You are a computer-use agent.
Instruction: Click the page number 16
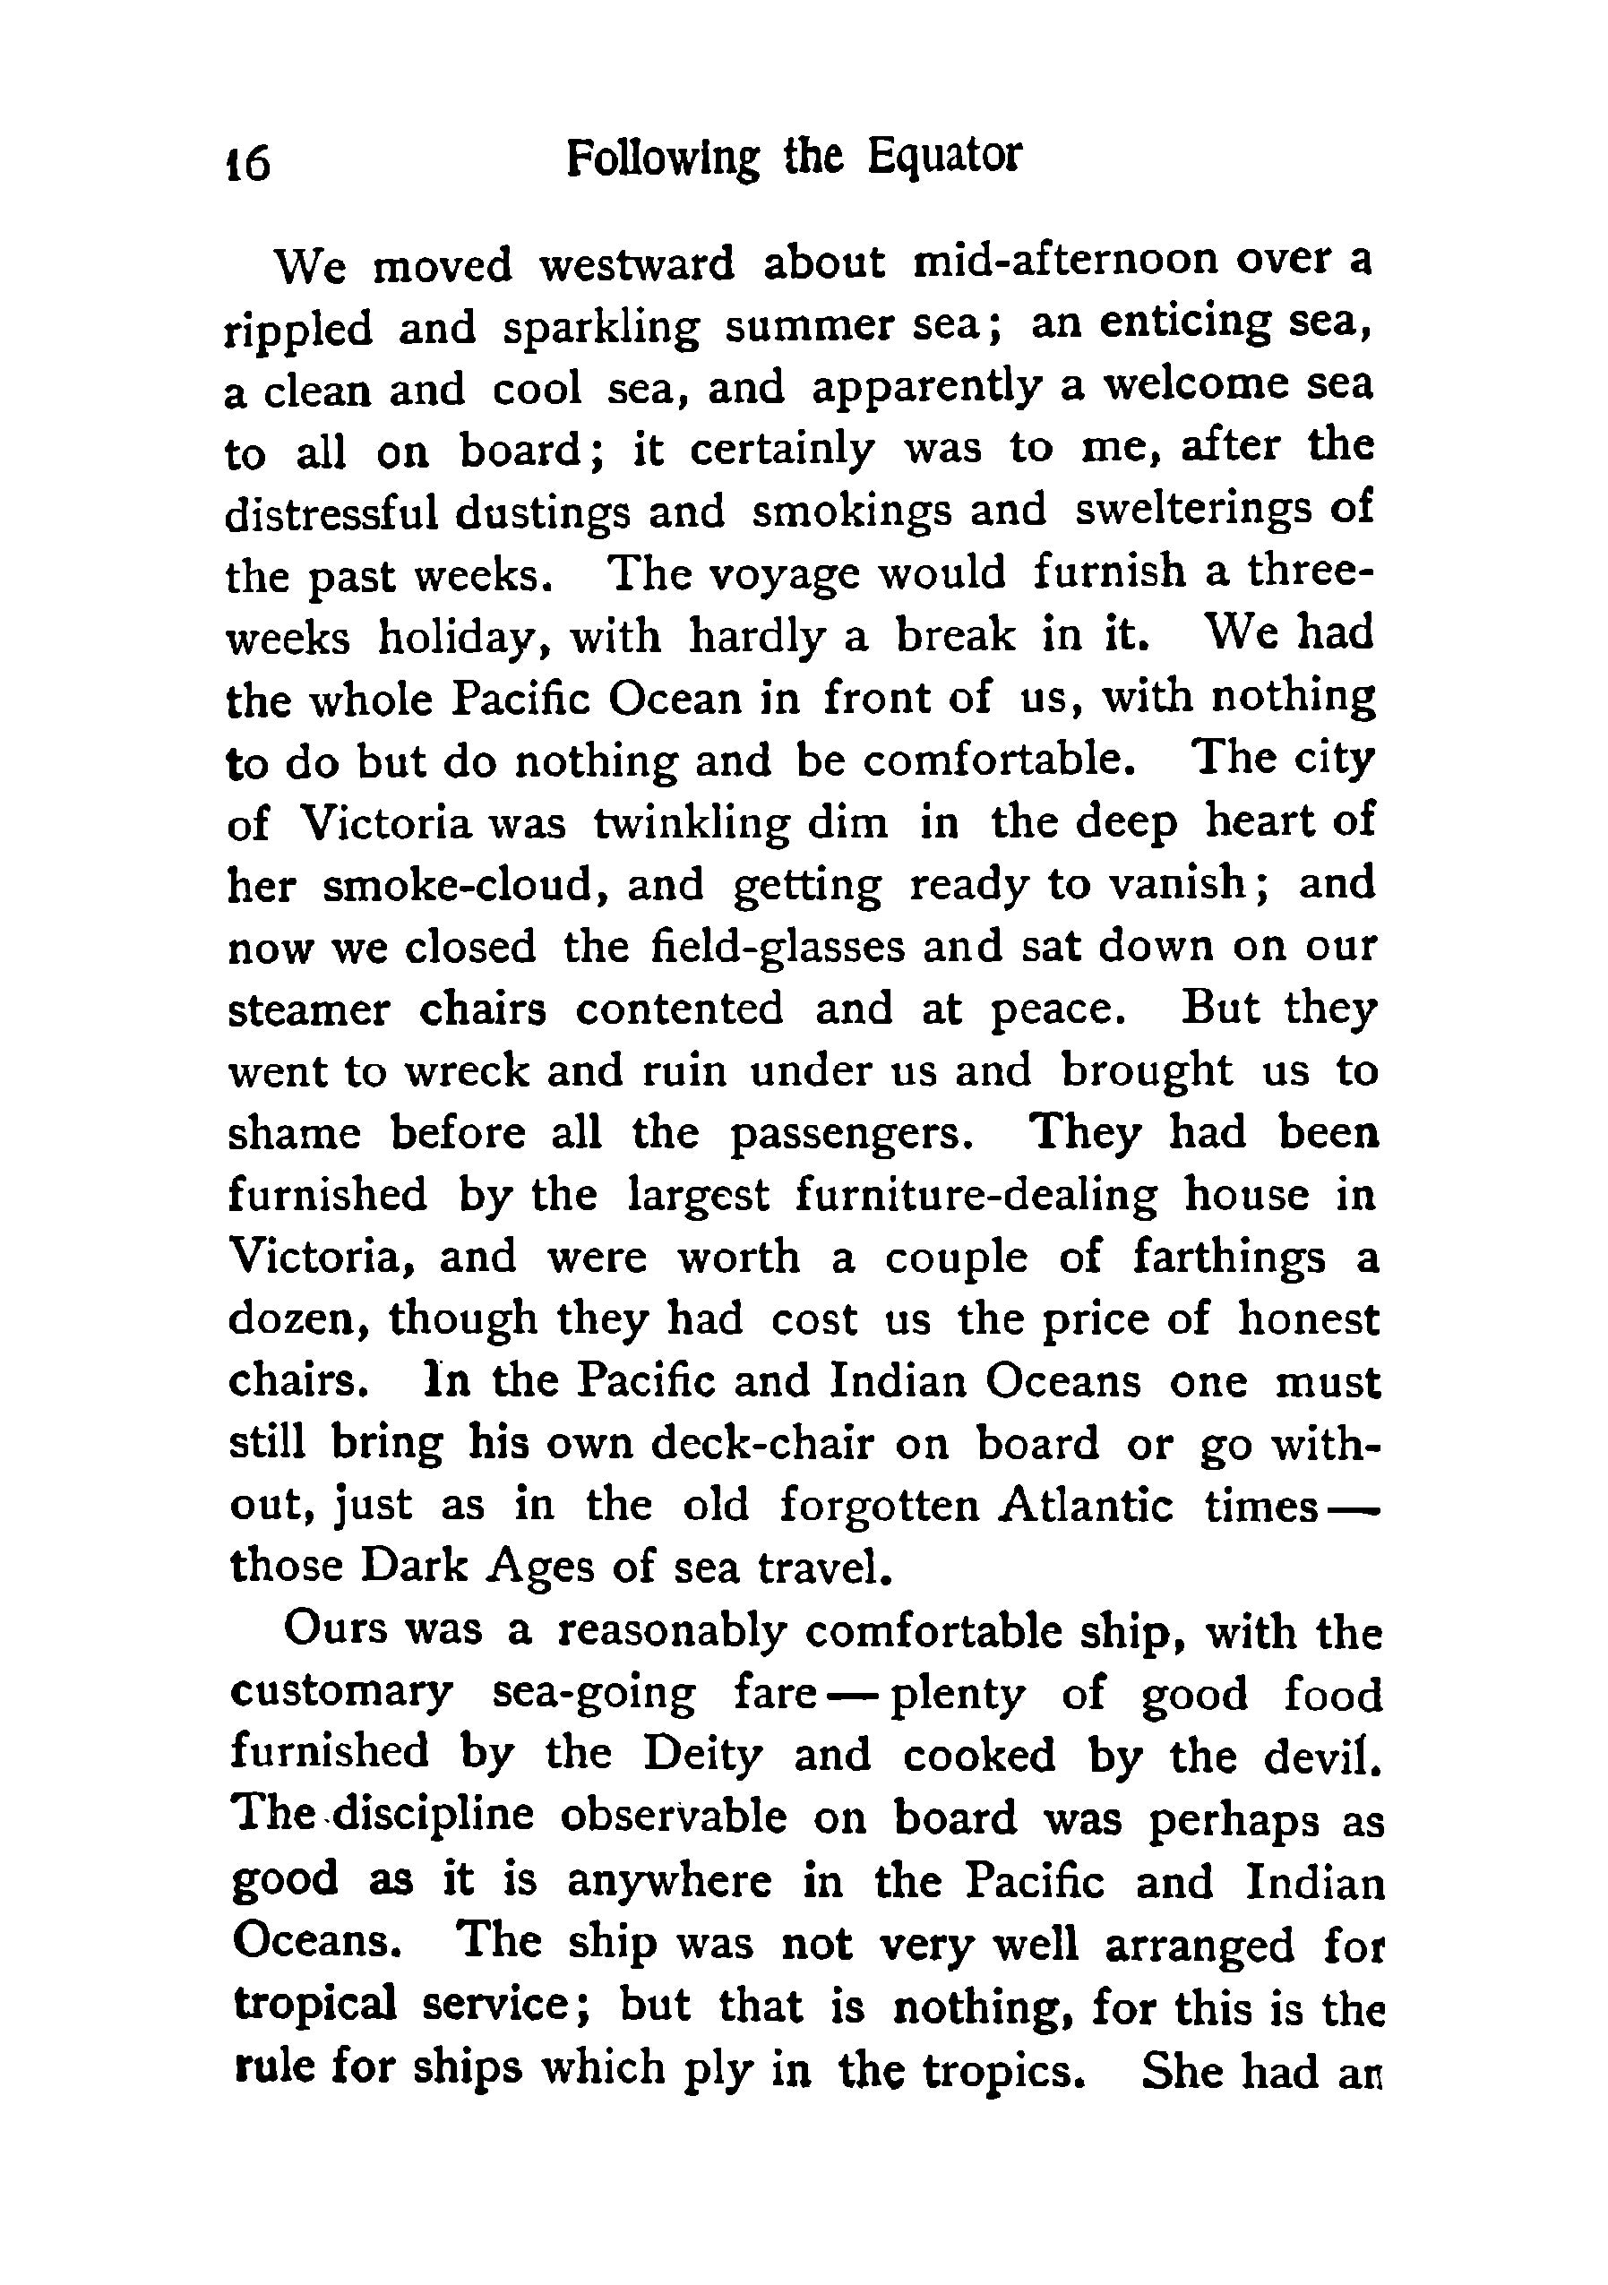248,162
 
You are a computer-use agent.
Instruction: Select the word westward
636,263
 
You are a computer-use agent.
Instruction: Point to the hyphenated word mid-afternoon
1065,261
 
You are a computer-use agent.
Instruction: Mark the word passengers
848,1135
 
